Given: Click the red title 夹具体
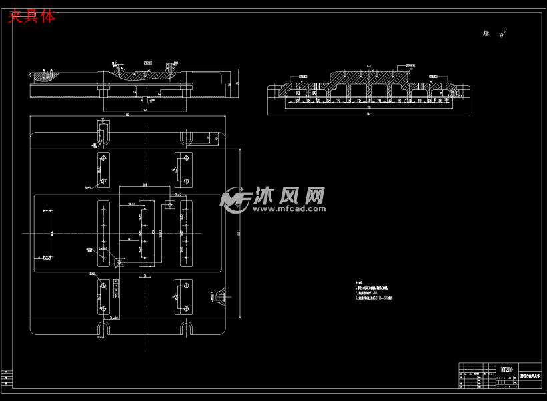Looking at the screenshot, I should [31, 17].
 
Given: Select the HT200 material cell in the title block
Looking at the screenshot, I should [507, 369].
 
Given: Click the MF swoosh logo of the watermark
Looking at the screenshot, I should [235, 199].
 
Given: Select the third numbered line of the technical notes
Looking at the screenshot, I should [374, 298].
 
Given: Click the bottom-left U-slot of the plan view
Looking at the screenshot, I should [103, 328].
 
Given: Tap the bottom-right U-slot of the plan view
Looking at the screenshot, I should [186, 328].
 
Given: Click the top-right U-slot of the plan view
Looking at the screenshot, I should [187, 139].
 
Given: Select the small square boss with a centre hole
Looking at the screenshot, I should [169, 204].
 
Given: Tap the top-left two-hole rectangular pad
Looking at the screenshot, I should [103, 169].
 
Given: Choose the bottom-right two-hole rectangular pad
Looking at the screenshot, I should [183, 296].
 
